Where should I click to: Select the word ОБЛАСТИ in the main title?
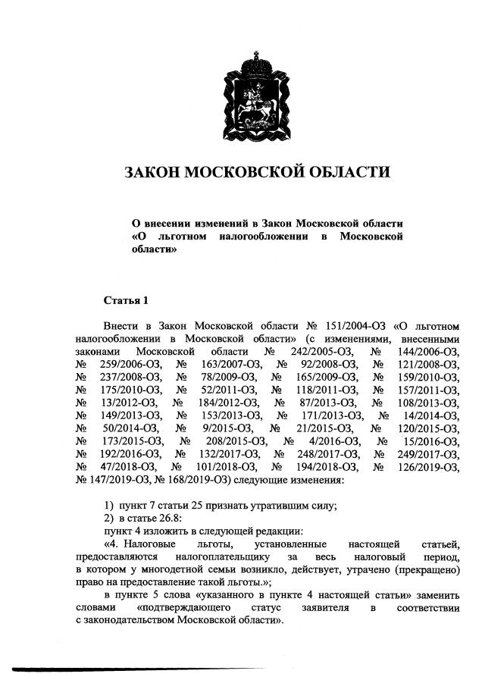[346, 172]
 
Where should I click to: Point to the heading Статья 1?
[126, 300]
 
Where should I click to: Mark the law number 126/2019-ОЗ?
[427, 466]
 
